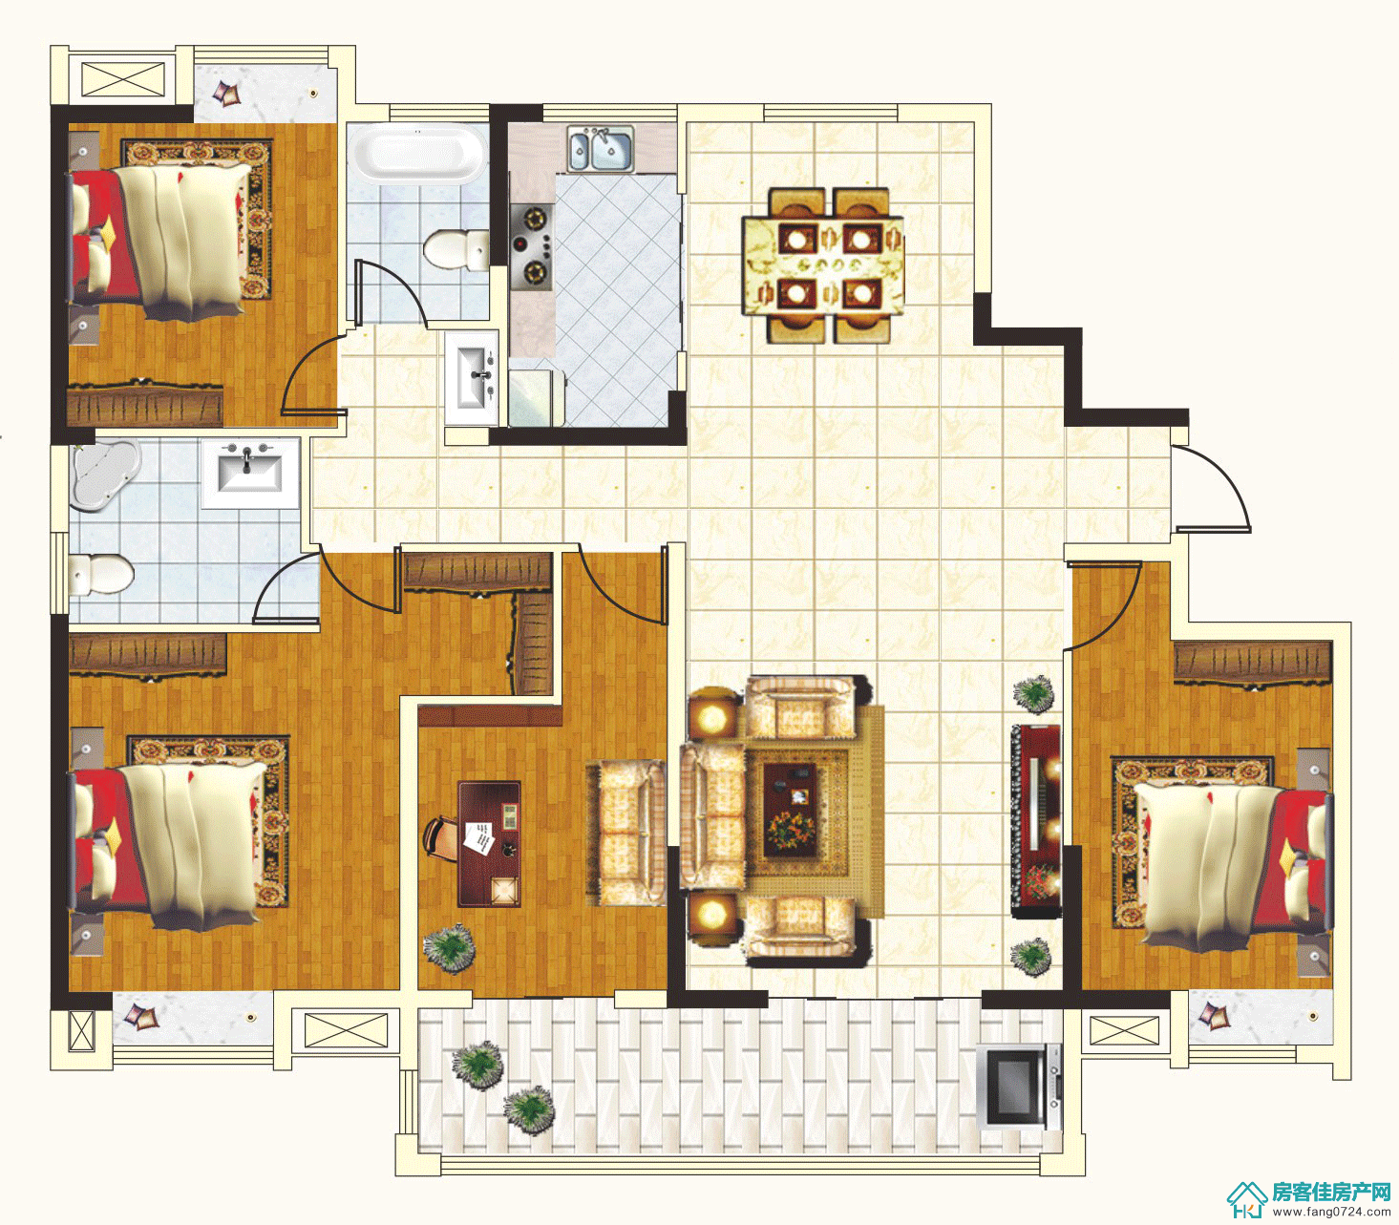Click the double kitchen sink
click(601, 148)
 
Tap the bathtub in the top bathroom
click(417, 155)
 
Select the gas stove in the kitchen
click(532, 244)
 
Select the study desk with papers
click(489, 844)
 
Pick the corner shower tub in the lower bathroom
click(102, 473)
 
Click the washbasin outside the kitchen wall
click(473, 378)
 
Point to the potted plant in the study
click(449, 947)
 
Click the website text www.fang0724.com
click(1330, 1213)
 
